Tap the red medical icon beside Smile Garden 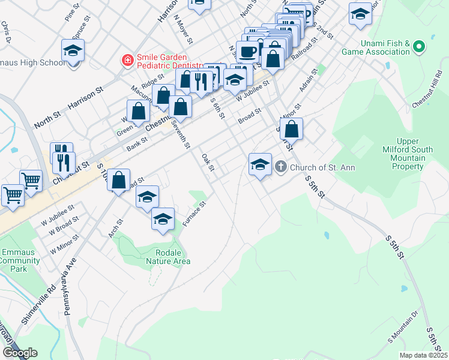point(127,60)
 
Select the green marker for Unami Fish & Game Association point(420,47)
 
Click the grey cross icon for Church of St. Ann point(280,167)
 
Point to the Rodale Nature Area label point(168,257)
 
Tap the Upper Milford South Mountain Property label point(404,154)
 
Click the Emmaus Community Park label point(22,260)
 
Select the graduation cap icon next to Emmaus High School point(73,52)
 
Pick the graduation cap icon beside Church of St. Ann point(259,164)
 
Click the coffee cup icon point(247,51)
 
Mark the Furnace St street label point(194,214)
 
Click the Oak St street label point(208,161)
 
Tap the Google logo point(20,353)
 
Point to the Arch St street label point(115,229)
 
